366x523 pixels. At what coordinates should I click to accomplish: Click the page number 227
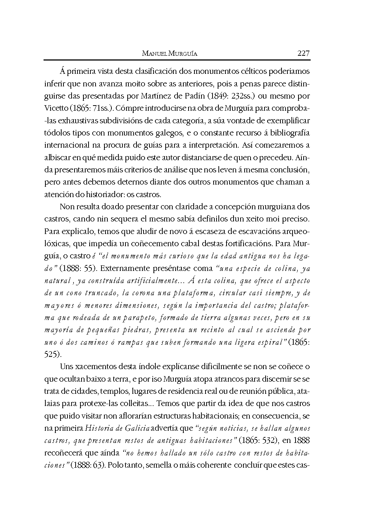tap(303, 53)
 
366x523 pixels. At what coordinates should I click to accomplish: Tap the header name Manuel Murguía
tap(170, 54)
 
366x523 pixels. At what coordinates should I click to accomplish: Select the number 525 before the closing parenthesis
tap(51, 354)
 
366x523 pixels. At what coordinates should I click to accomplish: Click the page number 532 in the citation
tap(270, 440)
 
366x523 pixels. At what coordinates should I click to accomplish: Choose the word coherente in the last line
tap(214, 465)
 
